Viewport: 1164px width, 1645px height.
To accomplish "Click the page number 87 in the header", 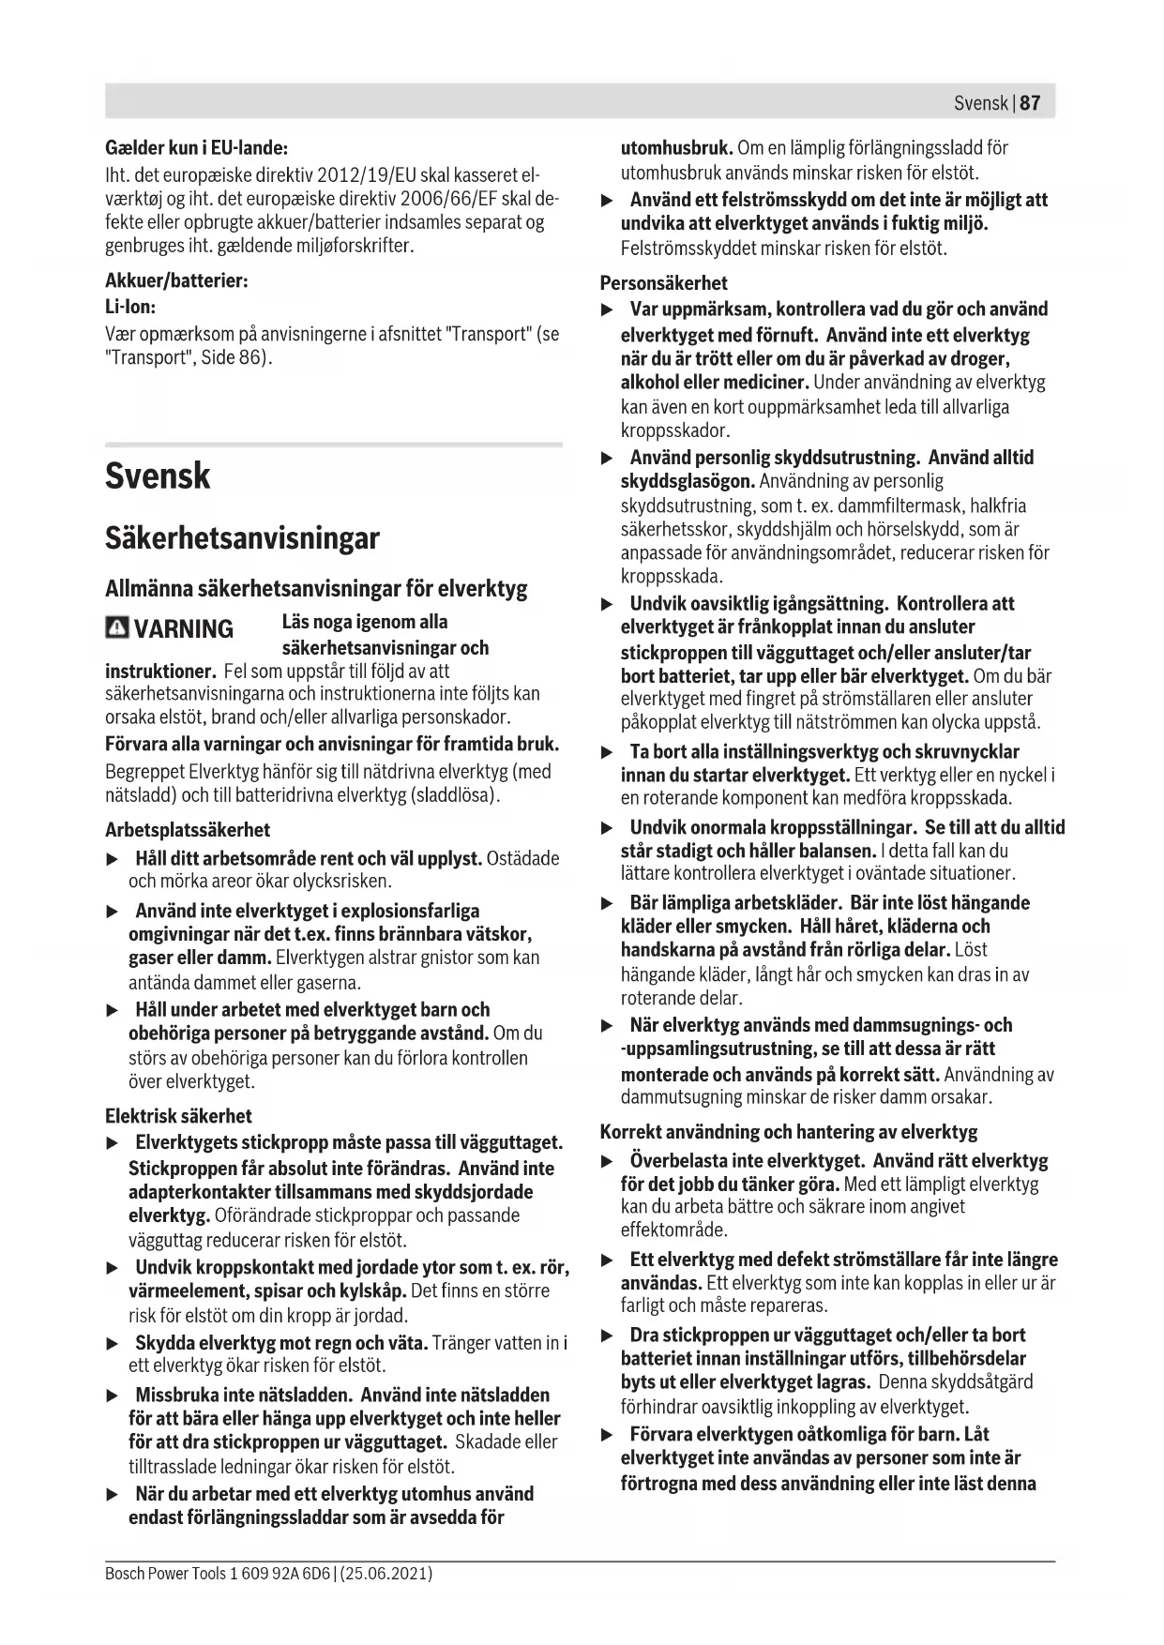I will [1030, 102].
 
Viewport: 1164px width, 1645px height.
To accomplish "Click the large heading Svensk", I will [158, 475].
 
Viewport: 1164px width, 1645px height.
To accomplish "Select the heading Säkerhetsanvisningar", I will [242, 538].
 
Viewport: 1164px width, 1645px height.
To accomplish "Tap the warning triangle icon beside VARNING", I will [117, 627].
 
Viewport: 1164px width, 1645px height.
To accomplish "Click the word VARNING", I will [184, 628].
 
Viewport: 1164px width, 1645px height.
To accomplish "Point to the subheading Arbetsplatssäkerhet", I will [188, 830].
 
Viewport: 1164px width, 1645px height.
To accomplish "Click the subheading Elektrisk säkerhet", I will [178, 1116].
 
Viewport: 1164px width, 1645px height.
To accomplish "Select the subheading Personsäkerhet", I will [664, 283].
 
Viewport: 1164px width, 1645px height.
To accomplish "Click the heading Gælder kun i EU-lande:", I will [196, 148].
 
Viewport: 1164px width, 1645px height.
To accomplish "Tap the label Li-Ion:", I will [130, 307].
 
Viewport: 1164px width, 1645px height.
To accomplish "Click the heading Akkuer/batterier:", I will [176, 280].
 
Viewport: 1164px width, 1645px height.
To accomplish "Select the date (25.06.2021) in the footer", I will [386, 1573].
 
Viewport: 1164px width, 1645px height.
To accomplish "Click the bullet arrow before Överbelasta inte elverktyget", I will [607, 1162].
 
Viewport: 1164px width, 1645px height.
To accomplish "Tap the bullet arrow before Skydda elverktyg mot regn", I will [113, 1344].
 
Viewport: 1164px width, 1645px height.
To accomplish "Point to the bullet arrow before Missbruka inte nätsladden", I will [113, 1396].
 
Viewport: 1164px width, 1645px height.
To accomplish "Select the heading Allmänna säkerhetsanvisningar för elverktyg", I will [316, 589].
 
